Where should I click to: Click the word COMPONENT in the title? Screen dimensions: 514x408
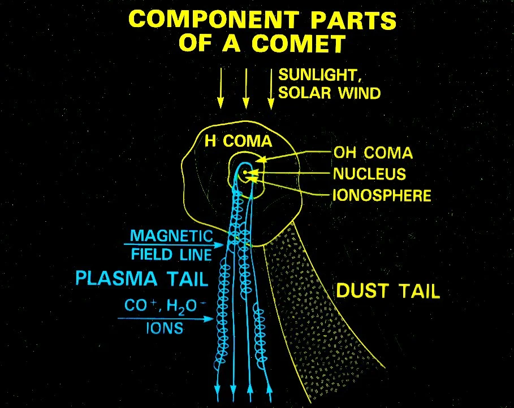214,20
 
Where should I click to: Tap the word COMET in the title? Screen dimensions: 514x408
299,43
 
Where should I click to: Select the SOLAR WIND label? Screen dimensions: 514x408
330,93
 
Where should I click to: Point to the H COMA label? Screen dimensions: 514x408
238,141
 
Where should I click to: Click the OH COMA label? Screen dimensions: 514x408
373,153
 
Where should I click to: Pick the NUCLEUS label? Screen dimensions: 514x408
369,174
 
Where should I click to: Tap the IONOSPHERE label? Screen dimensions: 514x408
382,195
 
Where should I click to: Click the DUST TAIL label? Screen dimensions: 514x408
388,291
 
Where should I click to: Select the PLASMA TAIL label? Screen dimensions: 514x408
142,278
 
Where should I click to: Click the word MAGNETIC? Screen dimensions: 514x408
171,235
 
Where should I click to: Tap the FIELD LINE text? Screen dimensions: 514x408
171,255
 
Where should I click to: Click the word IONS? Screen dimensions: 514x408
165,328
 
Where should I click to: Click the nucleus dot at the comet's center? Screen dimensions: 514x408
244,172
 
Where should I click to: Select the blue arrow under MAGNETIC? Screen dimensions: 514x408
174,245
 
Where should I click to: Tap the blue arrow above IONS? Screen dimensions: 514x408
166,318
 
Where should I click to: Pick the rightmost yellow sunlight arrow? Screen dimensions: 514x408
271,89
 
